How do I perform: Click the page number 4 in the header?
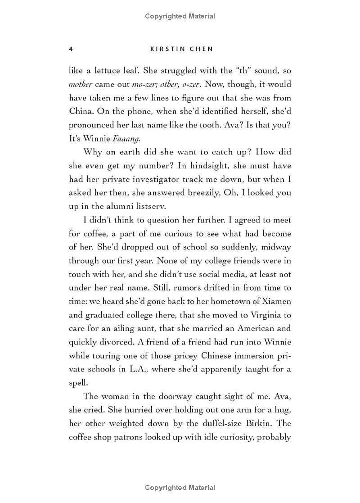pyautogui.click(x=71, y=49)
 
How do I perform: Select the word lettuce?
pyautogui.click(x=108, y=70)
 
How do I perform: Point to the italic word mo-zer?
pyautogui.click(x=143, y=84)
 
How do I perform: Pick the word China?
pyautogui.click(x=81, y=111)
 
